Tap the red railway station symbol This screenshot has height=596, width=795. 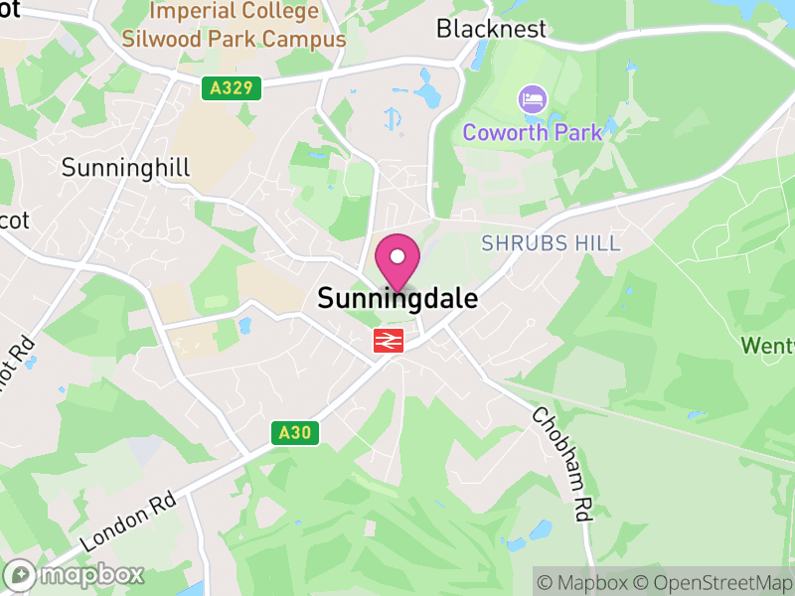(x=388, y=341)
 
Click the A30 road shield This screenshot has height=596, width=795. (x=295, y=432)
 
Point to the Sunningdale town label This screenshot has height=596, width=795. (x=397, y=298)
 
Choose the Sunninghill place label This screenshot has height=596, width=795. (x=125, y=167)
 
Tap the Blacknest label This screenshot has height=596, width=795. (x=491, y=29)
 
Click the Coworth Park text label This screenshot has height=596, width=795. (x=533, y=132)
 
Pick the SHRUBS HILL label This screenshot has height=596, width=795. (x=551, y=243)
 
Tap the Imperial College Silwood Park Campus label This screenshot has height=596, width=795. (x=234, y=26)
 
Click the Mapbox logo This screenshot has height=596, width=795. (x=75, y=574)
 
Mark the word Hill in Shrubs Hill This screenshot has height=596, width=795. (x=598, y=243)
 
